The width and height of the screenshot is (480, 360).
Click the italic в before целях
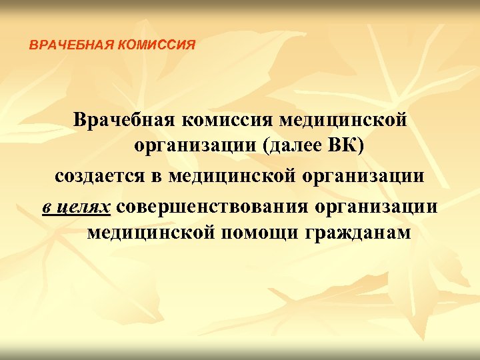[x=47, y=206]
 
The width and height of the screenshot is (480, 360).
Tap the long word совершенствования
[x=212, y=205]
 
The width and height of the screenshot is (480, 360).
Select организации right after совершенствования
[x=378, y=205]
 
